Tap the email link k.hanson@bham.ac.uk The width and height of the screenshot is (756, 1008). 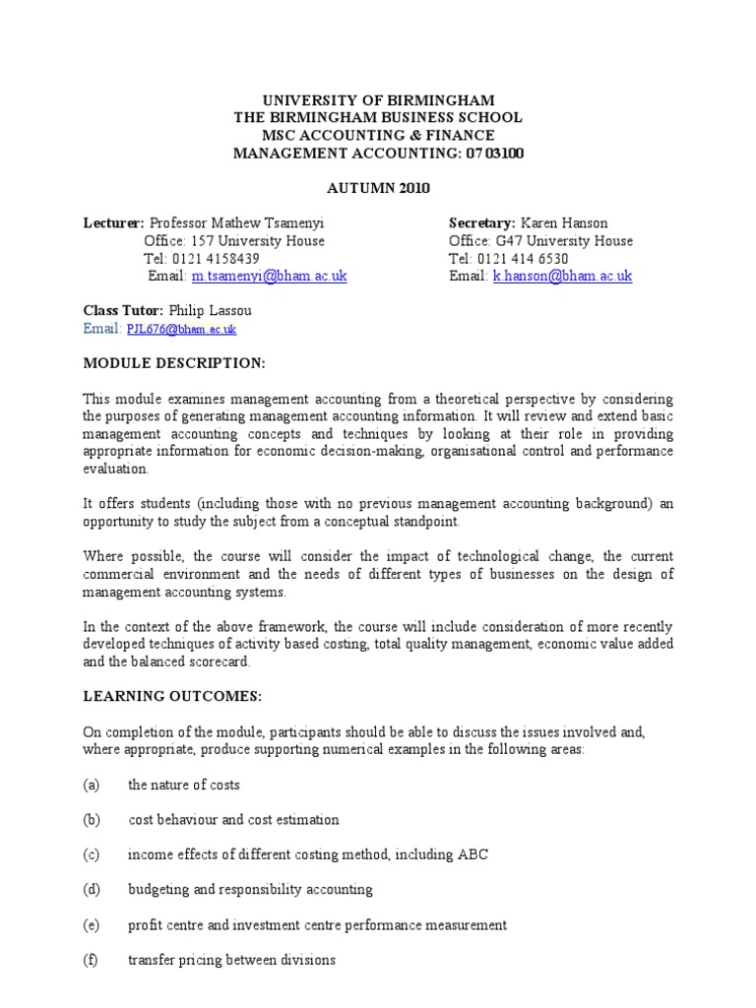click(x=562, y=277)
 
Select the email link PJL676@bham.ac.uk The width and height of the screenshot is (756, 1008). click(x=181, y=329)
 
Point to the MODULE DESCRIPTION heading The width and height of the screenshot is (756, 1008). click(x=174, y=363)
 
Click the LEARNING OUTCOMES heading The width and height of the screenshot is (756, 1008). click(x=172, y=697)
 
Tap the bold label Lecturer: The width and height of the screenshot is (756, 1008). click(x=113, y=223)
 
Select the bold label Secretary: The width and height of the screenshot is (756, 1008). click(x=482, y=223)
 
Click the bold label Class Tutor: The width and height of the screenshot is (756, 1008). click(x=123, y=310)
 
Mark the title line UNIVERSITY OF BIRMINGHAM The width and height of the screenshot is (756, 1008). click(x=377, y=100)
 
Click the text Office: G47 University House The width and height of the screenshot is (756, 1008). click(x=540, y=241)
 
